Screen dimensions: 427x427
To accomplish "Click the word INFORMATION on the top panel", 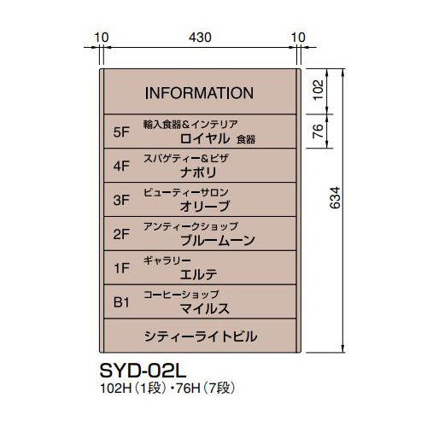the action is click(199, 93).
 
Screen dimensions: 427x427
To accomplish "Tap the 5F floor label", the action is click(121, 132).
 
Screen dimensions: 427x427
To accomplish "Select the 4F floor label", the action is click(121, 167).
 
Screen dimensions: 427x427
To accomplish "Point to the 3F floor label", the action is click(121, 200).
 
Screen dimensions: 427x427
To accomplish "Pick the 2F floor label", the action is click(121, 235).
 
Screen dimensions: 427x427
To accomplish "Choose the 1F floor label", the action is click(122, 268).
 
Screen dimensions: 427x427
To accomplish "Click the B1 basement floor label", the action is click(121, 302).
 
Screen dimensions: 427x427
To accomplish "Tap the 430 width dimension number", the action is click(200, 38).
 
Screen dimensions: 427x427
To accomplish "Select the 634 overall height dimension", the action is click(335, 198).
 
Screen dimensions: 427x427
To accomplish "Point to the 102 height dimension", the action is click(319, 90).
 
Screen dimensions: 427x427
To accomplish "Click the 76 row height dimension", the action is click(318, 131).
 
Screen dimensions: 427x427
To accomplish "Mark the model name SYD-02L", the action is click(143, 371).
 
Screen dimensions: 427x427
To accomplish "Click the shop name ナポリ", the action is click(198, 173).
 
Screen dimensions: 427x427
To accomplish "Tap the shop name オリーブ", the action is click(205, 207).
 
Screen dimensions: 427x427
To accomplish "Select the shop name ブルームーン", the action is click(218, 241).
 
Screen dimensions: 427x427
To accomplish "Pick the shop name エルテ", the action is click(199, 274).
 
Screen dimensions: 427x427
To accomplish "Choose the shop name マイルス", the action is click(205, 308).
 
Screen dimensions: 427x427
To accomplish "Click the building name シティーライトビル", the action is click(201, 336).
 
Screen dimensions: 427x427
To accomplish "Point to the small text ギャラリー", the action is click(167, 260).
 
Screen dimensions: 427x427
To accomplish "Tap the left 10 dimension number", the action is click(102, 38).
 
